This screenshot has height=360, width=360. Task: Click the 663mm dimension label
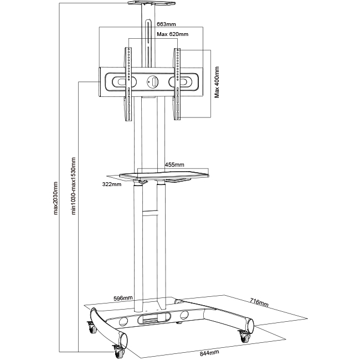tap(166, 24)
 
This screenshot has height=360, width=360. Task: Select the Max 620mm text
tap(172, 34)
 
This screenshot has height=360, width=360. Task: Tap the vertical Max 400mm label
tap(217, 82)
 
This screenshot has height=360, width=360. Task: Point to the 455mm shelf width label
tap(174, 164)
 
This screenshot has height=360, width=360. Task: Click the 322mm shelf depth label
tap(111, 184)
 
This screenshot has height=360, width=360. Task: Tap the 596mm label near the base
tap(122, 298)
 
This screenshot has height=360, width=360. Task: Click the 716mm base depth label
tap(259, 303)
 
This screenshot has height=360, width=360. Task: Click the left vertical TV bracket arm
tap(128, 83)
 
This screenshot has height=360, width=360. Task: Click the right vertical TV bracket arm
tap(177, 83)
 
